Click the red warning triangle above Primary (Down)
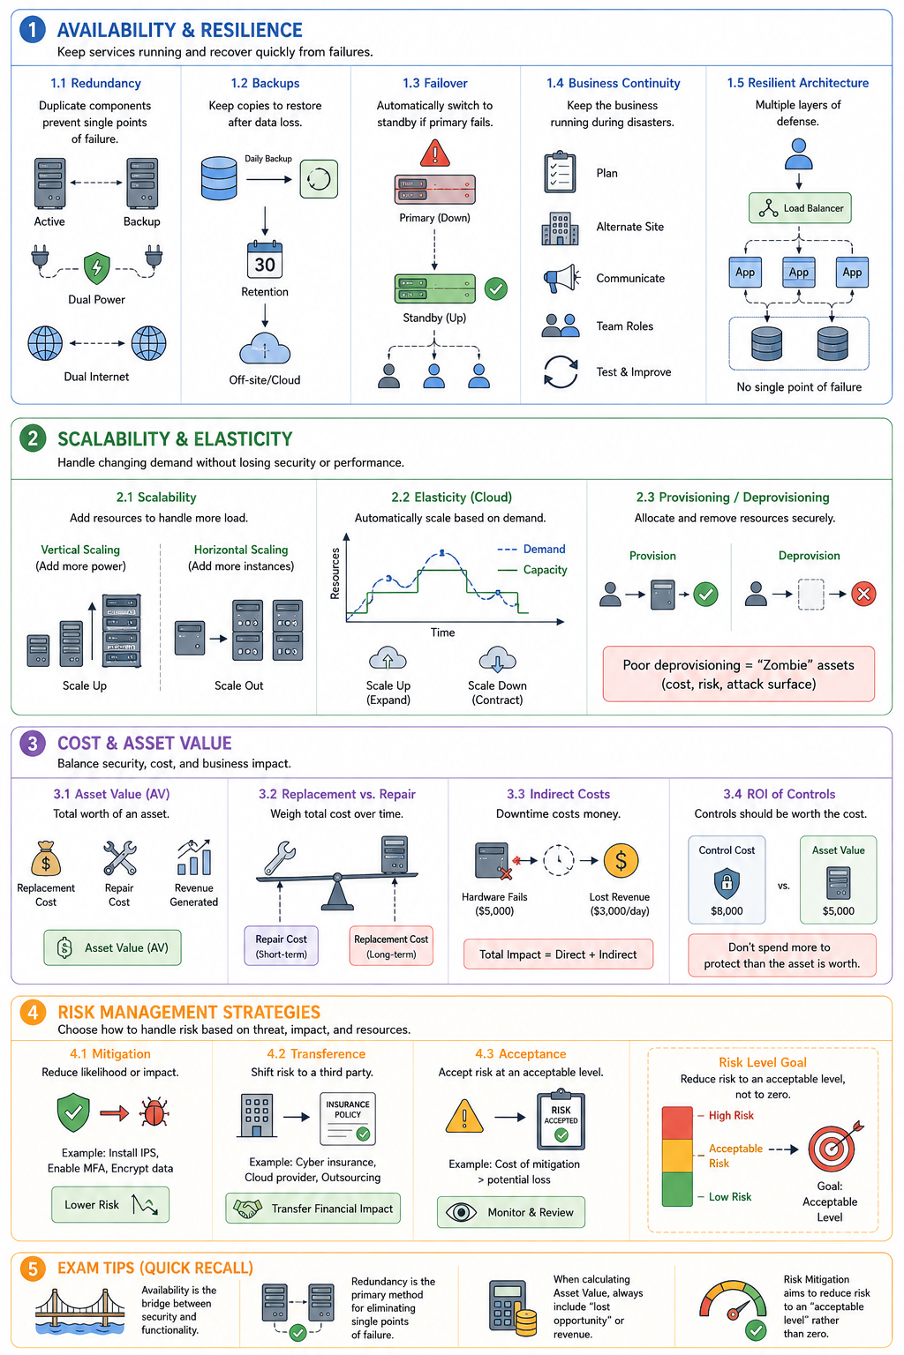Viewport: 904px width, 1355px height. (434, 153)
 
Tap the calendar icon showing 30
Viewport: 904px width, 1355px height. (265, 259)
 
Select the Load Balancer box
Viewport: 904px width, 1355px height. (800, 208)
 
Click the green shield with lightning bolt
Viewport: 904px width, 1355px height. (97, 268)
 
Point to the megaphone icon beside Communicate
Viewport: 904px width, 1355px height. (561, 278)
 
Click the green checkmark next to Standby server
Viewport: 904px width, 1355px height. (496, 288)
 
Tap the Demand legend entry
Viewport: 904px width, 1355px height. (531, 549)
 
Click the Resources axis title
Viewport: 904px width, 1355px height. (335, 573)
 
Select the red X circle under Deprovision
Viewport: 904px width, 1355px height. (863, 594)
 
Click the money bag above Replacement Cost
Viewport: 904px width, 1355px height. (46, 858)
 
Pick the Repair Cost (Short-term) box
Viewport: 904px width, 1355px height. (281, 946)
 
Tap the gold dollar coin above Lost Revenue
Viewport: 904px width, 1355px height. (621, 860)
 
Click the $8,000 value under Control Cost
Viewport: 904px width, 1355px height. (727, 910)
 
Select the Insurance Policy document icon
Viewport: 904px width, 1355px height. (348, 1119)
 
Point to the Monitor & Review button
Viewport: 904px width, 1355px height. (511, 1211)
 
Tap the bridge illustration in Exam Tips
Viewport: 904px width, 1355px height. (80, 1312)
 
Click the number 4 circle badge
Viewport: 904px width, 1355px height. (33, 1012)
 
